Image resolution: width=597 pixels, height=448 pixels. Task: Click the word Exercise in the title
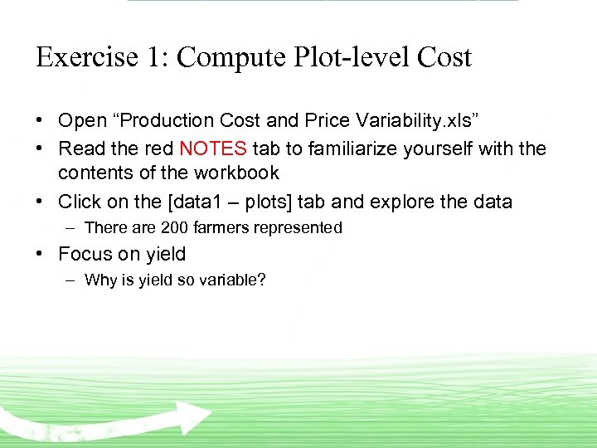[x=87, y=57]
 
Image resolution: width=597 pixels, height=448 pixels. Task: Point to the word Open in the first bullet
[x=82, y=121]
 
